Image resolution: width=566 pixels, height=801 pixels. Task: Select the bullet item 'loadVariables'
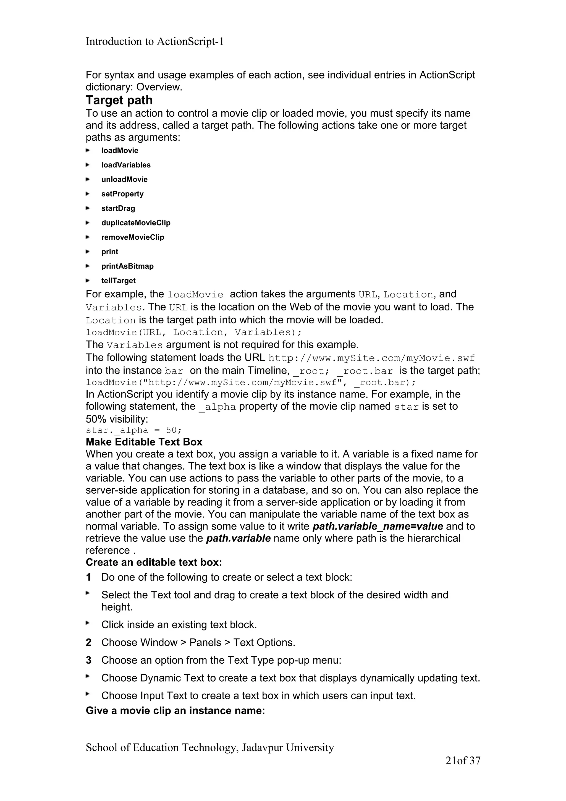(126, 165)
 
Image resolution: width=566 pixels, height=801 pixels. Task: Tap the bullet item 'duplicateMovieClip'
(136, 223)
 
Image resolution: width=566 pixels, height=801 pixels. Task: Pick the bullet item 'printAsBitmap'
(127, 266)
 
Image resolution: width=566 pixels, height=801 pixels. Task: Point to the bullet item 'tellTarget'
(118, 281)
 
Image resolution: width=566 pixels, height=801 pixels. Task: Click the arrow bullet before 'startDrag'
(88, 208)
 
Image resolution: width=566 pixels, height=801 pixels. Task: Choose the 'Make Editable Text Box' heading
(144, 442)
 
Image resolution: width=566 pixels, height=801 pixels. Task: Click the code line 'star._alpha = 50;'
(133, 430)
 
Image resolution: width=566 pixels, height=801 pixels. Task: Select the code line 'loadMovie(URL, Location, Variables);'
(193, 332)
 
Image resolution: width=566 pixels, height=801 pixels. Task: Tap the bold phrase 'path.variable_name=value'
(378, 526)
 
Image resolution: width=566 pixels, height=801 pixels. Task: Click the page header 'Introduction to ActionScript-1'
(154, 41)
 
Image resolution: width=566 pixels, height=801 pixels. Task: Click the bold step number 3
(89, 660)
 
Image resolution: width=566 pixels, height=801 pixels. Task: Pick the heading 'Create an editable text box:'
(154, 562)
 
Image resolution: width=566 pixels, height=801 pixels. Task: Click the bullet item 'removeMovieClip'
(133, 237)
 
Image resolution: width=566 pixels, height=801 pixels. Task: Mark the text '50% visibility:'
(117, 419)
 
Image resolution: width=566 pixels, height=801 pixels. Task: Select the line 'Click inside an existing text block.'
(179, 624)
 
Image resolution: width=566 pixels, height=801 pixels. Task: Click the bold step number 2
(89, 642)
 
